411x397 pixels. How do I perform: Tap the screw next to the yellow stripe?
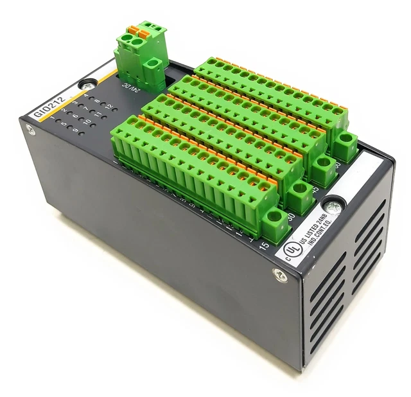[85, 84]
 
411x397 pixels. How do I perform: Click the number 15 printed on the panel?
[263, 245]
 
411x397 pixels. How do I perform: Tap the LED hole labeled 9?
[76, 132]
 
